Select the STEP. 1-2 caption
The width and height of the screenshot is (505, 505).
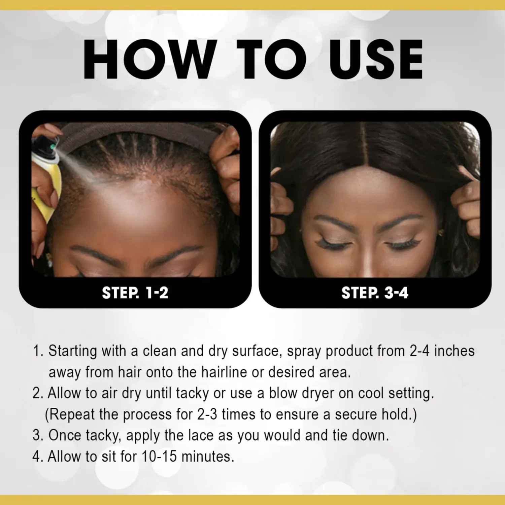coord(135,292)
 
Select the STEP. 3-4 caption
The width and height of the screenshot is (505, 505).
coord(375,292)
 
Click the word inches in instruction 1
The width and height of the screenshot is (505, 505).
coord(454,351)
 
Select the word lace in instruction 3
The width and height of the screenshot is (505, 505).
coord(201,435)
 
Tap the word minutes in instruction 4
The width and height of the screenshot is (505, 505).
coord(207,457)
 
